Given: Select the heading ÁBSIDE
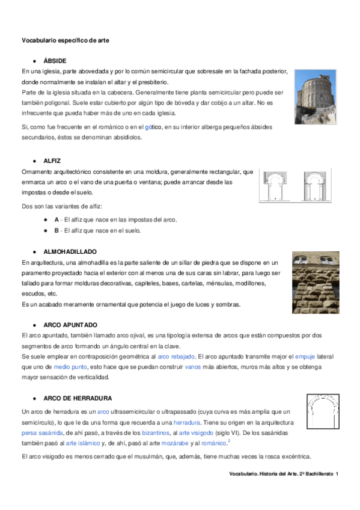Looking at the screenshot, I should click(55, 61).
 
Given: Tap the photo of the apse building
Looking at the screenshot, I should click(315, 96).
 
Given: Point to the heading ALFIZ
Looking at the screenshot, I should click(52, 161).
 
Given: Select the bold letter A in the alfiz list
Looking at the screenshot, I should click(56, 220).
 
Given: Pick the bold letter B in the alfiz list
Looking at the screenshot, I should click(56, 230).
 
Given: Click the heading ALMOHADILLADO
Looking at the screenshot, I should click(70, 251).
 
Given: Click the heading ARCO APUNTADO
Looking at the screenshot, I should click(71, 325).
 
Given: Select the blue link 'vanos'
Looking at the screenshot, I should click(193, 367).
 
